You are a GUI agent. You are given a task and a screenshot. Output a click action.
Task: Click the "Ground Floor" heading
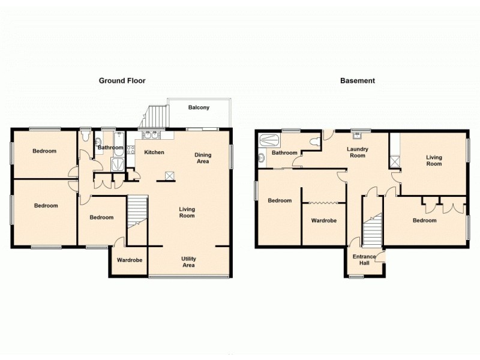tap(122, 80)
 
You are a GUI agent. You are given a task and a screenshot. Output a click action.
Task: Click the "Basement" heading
tap(358, 80)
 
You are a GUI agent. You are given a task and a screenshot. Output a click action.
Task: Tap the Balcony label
tap(199, 107)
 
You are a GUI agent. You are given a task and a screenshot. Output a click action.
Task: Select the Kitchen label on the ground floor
tap(154, 152)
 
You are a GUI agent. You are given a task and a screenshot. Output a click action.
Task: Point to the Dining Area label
tap(203, 158)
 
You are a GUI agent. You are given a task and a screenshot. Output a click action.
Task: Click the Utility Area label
tap(189, 262)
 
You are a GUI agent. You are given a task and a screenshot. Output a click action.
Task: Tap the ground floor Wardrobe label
tap(129, 260)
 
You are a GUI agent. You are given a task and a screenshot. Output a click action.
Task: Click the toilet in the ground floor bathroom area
tap(85, 133)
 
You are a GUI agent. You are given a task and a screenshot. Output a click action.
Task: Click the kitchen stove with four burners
tap(131, 150)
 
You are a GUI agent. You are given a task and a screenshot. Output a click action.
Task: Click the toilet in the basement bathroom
tap(315, 142)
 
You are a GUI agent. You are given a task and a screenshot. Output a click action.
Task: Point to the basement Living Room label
tap(434, 160)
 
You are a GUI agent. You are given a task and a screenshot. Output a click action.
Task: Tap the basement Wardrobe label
tap(323, 220)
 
